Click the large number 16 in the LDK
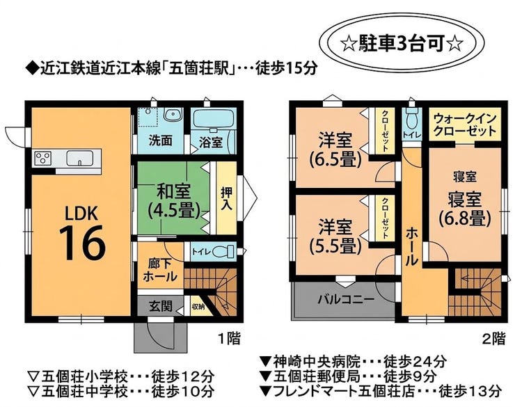pos(82,244)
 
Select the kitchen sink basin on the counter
pos(80,158)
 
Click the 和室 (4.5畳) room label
pos(174,201)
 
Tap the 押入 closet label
pos(227,199)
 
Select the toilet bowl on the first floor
pos(223,252)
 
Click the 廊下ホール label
pos(160,271)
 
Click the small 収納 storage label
pos(198,308)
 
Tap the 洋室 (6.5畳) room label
pos(335,150)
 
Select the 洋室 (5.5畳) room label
pos(335,237)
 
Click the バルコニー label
pos(346,299)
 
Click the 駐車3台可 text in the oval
pos(402,43)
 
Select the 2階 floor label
pos(493,338)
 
